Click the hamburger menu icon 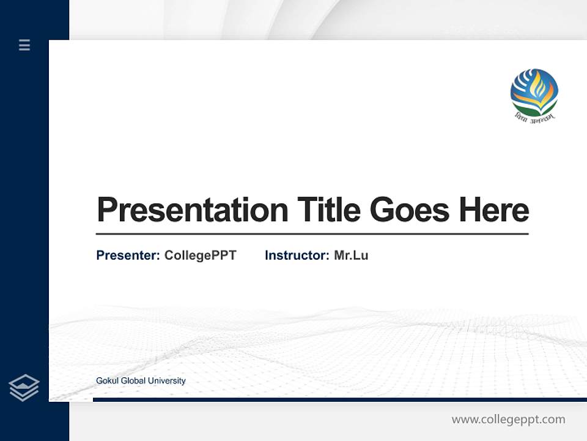click(x=24, y=45)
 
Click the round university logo click(x=534, y=92)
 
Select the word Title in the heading click(x=329, y=210)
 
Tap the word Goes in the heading click(x=410, y=210)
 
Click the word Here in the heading click(x=493, y=210)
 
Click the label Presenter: click(x=128, y=255)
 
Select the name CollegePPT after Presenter click(x=200, y=255)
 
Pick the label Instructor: click(x=297, y=255)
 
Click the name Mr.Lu click(x=351, y=255)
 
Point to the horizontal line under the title click(x=312, y=233)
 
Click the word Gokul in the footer click(x=108, y=381)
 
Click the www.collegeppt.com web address click(x=508, y=420)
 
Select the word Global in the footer click(x=133, y=381)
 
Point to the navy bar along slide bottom click(x=339, y=399)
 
